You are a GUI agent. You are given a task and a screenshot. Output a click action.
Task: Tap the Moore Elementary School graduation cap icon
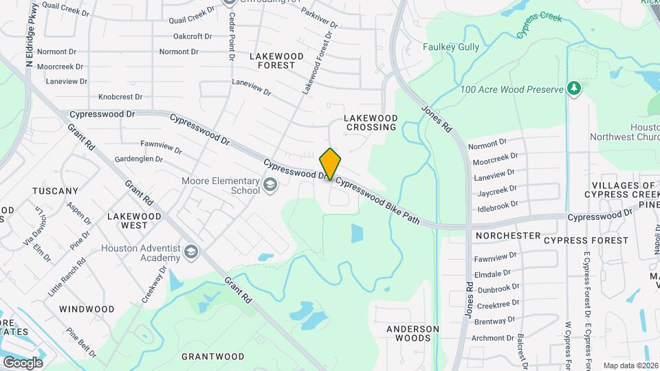point(270,185)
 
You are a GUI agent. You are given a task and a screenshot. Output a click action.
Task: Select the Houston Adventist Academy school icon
point(191,253)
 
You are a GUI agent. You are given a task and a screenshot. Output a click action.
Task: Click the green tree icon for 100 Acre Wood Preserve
point(573,89)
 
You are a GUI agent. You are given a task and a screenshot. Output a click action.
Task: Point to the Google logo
point(23,362)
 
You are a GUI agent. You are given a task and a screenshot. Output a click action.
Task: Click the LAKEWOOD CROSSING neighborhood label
point(371,122)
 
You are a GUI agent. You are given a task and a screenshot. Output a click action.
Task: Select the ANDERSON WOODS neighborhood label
point(412,333)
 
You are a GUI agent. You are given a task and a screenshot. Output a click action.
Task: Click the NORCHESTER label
point(507,236)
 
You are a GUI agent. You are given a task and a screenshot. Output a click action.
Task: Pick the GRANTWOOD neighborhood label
point(212,357)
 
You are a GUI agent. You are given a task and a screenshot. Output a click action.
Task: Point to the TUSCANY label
point(55,190)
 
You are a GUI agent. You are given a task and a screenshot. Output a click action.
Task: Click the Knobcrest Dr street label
point(120,98)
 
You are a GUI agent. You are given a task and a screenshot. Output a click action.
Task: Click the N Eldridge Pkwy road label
point(31,34)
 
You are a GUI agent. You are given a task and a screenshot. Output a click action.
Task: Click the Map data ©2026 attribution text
point(629,366)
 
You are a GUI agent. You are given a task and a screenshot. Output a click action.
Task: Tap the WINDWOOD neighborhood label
point(87,309)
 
